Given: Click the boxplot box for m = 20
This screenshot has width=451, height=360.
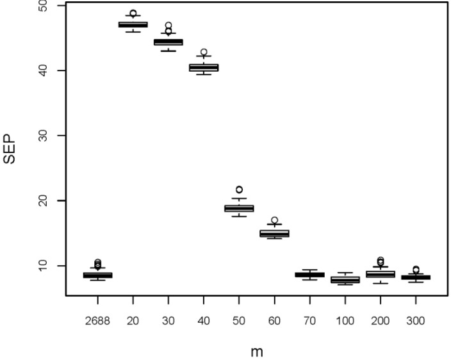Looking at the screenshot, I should pos(133,24).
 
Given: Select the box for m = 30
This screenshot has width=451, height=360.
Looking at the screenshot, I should pos(168,42).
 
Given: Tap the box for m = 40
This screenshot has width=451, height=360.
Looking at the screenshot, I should pos(204,67).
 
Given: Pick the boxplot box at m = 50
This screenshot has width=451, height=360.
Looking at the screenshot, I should pos(239,208).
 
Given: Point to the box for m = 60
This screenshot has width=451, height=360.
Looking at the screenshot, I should pos(274,233).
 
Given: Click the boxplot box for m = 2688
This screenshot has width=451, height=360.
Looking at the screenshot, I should pos(98,275).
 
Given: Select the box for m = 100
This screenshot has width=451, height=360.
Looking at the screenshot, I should pos(345,279).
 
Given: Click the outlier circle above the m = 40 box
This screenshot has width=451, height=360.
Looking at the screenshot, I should pos(204,53).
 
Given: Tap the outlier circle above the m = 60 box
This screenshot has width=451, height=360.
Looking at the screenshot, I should pos(274,220).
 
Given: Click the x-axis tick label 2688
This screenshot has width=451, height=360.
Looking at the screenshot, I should pos(98,318).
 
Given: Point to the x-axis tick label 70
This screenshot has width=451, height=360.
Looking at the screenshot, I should pos(309,318).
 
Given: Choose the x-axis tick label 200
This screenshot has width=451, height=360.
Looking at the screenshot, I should pos(380,318).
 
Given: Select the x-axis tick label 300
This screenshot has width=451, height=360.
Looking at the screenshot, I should pos(415,318).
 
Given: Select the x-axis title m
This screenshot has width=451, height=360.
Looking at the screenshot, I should pos(256,350).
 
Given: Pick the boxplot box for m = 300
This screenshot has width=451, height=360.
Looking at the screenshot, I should pos(415,277).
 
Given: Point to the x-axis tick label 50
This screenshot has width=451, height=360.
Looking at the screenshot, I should pos(239,318).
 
